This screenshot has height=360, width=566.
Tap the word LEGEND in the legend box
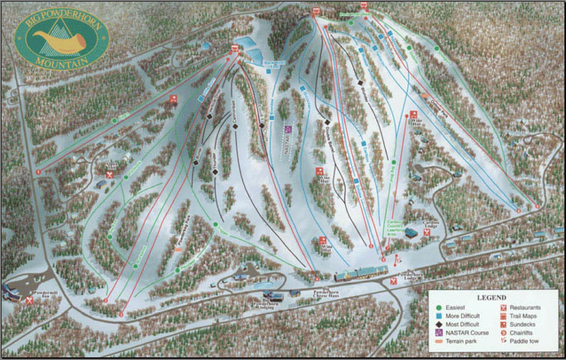point(491,297)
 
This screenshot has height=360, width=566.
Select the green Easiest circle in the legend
point(438,307)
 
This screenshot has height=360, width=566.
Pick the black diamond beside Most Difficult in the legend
point(438,324)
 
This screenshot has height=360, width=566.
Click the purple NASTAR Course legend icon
point(438,332)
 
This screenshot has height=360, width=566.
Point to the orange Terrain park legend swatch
point(438,341)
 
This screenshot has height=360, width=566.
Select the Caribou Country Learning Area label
point(394,228)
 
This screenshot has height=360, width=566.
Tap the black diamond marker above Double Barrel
point(327,122)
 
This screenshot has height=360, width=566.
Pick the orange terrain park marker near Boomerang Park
point(178,248)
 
